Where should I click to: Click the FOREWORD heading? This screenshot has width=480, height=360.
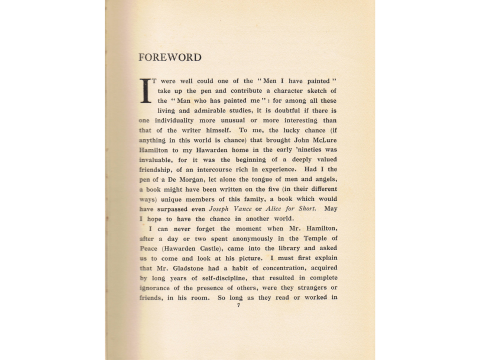pos(169,57)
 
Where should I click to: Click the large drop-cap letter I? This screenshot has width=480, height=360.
pos(145,90)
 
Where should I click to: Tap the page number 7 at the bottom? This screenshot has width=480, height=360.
pos(238,305)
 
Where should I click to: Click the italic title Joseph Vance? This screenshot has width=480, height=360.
pos(230,208)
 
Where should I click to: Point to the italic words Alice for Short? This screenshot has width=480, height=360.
pos(294,208)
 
